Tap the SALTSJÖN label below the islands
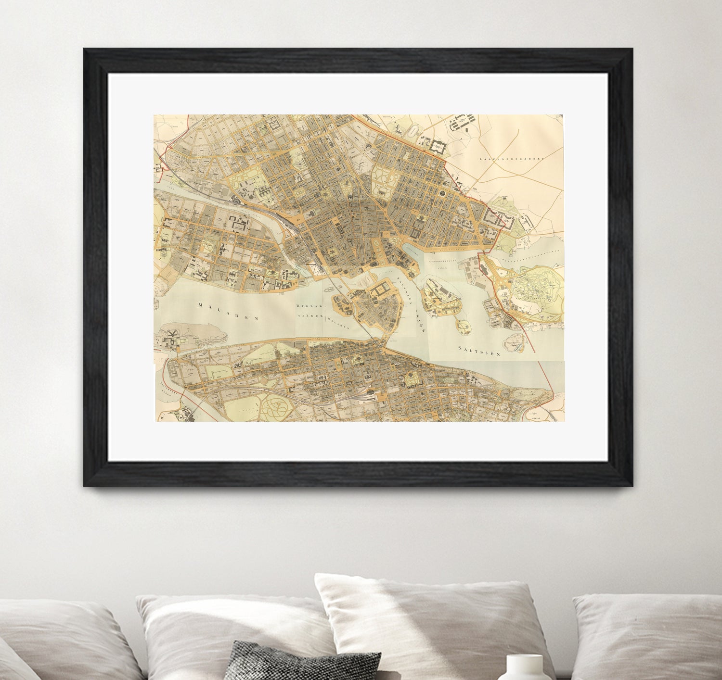(x=479, y=350)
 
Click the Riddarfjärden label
(x=310, y=311)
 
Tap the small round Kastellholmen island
(x=464, y=327)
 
